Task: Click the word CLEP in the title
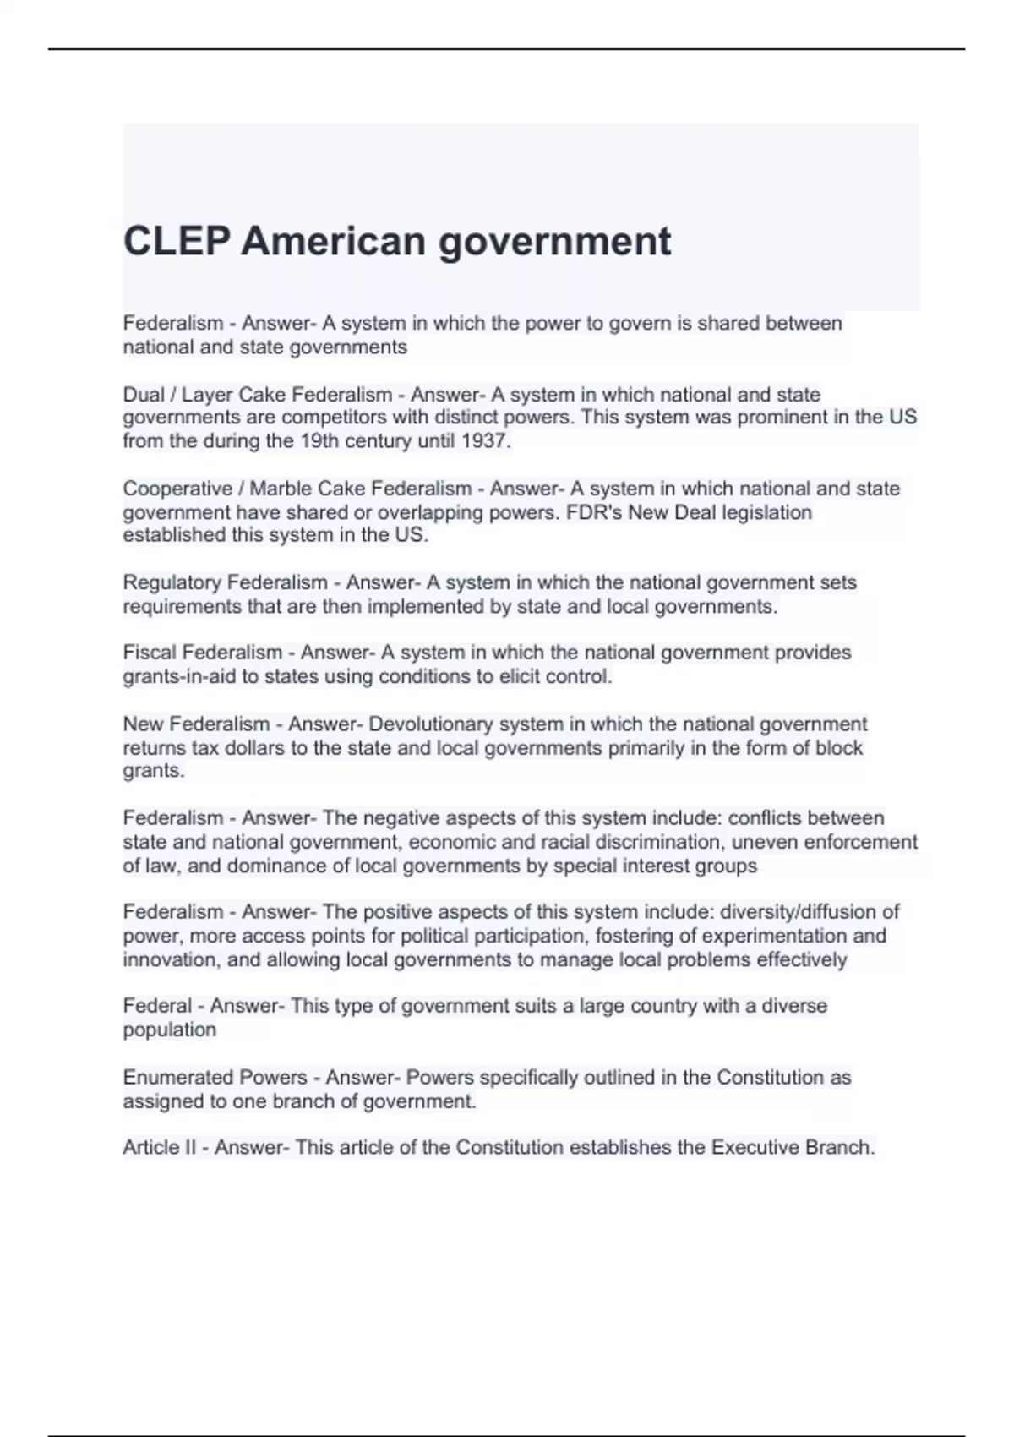coord(176,242)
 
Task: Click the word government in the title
coord(554,242)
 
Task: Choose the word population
coord(170,1030)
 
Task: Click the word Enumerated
coord(172,1078)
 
